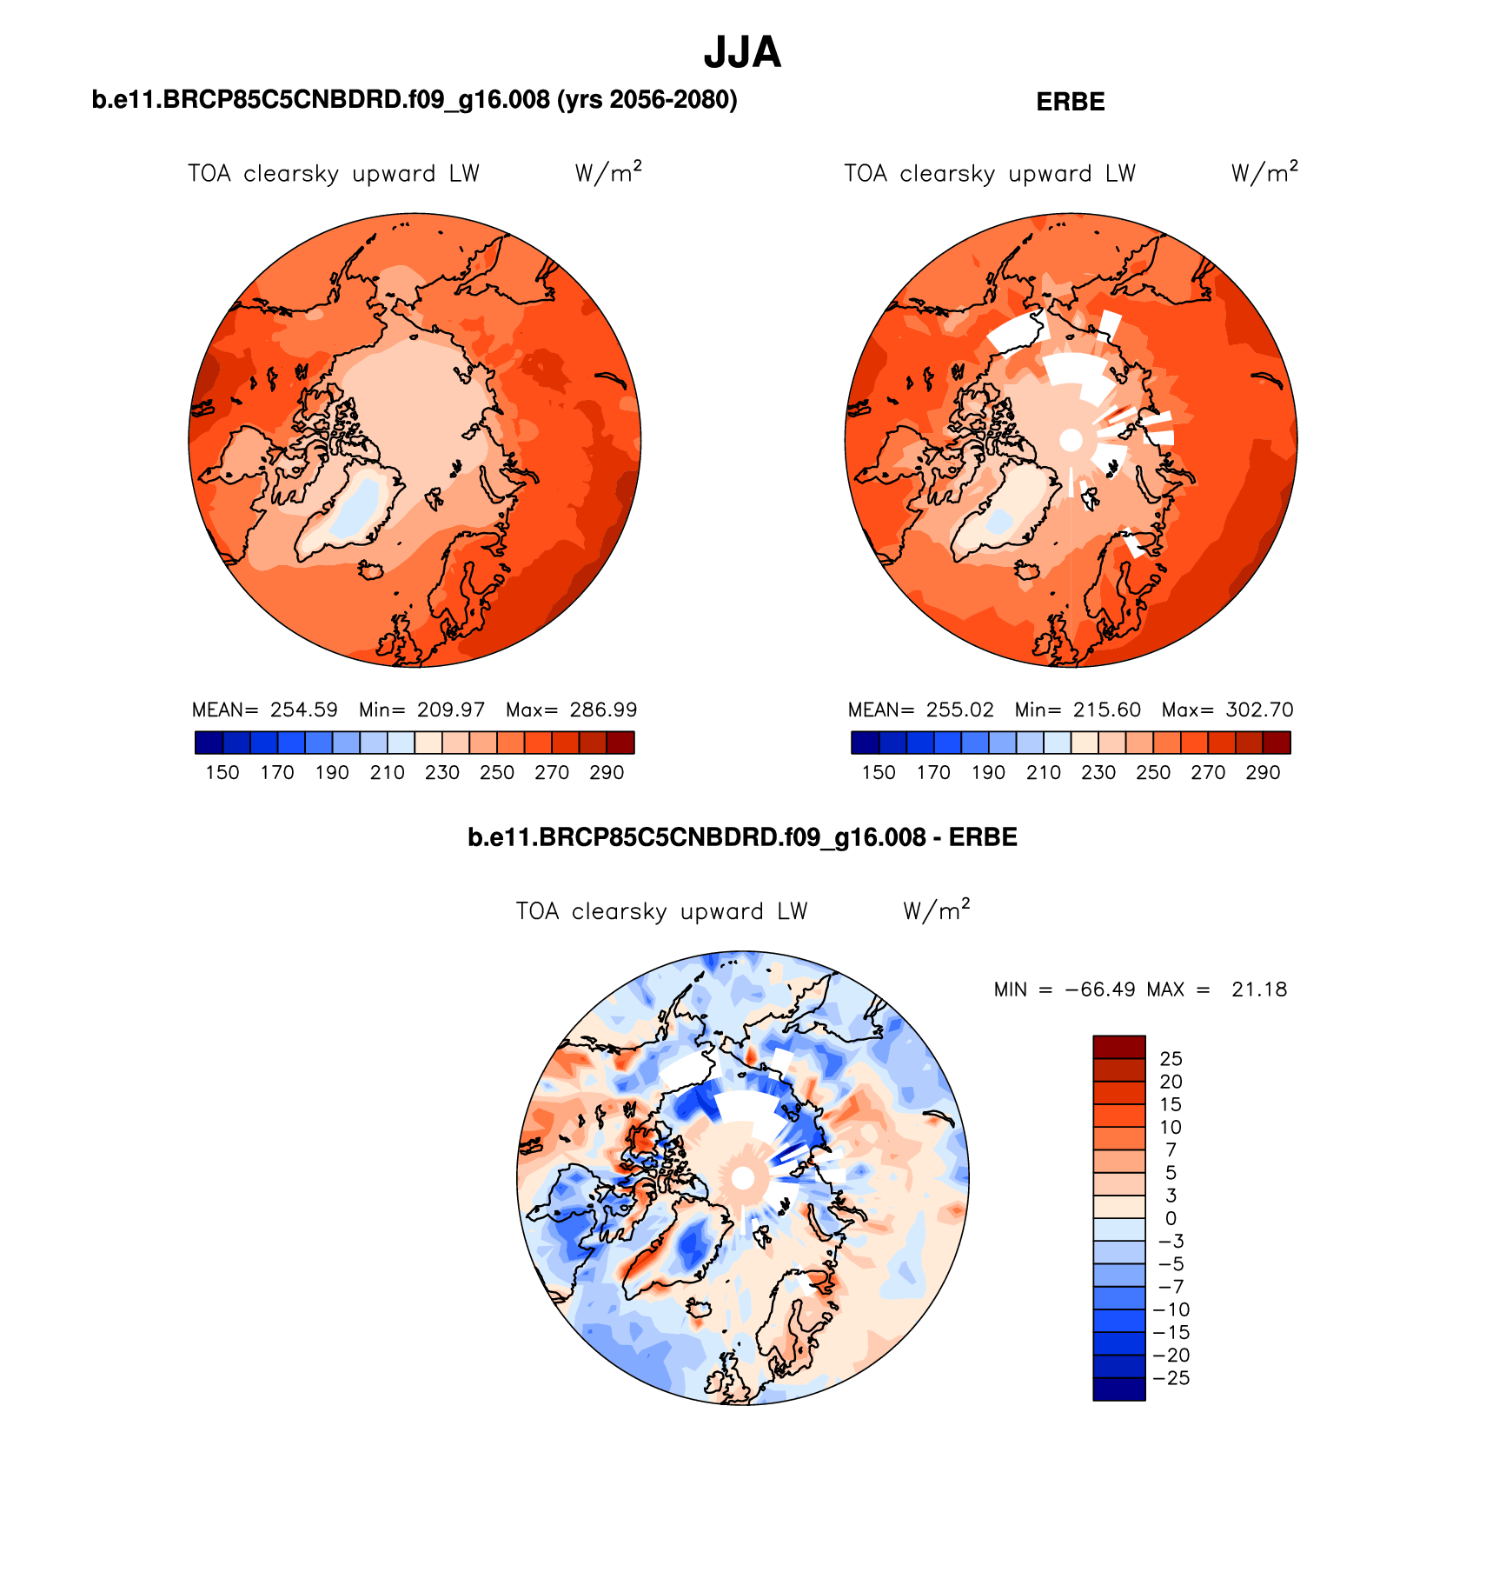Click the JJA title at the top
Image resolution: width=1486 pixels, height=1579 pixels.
[x=742, y=53]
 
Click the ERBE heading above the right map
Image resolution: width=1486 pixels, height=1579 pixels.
[x=1070, y=102]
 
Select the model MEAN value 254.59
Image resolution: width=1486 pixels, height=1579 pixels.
[x=303, y=710]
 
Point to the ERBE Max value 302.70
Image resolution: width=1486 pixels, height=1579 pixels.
[x=1259, y=710]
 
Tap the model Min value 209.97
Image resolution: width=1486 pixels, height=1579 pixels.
[x=450, y=710]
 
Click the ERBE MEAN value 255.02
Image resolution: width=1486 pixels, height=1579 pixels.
[x=959, y=710]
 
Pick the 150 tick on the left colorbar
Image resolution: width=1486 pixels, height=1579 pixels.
[x=222, y=772]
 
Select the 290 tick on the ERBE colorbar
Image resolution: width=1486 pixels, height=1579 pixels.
[x=1263, y=772]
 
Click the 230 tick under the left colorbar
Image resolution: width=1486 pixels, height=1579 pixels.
[x=442, y=772]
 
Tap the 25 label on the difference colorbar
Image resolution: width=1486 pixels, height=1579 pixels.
[x=1171, y=1058]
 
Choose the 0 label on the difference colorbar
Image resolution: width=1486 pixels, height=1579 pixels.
[x=1171, y=1218]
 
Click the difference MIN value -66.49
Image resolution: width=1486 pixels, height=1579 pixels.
[x=1099, y=989]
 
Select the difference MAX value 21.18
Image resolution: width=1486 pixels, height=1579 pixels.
[x=1258, y=989]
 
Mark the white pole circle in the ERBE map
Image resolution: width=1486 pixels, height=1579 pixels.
[x=1071, y=440]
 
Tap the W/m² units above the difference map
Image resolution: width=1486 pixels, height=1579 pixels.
[x=936, y=910]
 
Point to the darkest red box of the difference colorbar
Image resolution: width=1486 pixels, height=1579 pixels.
[x=1118, y=1047]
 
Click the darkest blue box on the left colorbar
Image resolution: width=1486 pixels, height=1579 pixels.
[x=209, y=743]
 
